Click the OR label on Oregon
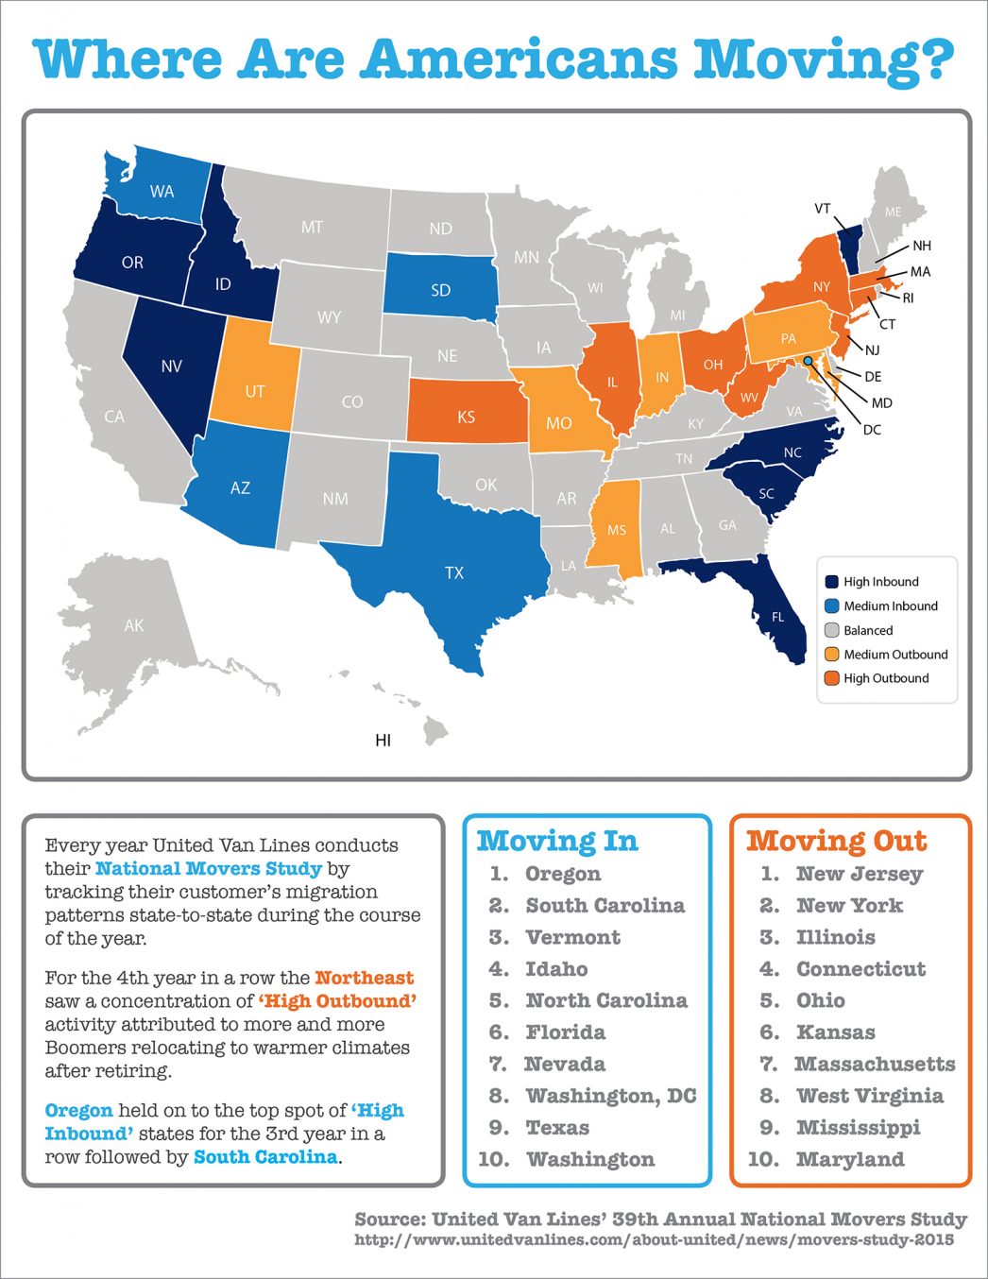pyautogui.click(x=132, y=263)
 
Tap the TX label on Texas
pyautogui.click(x=454, y=572)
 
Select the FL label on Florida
pyautogui.click(x=777, y=617)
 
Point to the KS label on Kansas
pyautogui.click(x=466, y=417)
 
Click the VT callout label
pyautogui.click(x=822, y=209)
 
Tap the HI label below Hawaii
pyautogui.click(x=383, y=740)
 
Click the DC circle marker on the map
pyautogui.click(x=808, y=361)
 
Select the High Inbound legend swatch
pyautogui.click(x=832, y=582)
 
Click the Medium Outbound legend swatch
pyautogui.click(x=832, y=654)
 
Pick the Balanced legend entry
pyautogui.click(x=867, y=630)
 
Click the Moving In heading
pyautogui.click(x=557, y=841)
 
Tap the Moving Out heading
pyautogui.click(x=837, y=841)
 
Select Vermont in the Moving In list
pyautogui.click(x=572, y=937)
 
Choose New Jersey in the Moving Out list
pyautogui.click(x=860, y=874)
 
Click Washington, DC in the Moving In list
pyautogui.click(x=610, y=1096)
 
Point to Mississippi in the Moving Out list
pyautogui.click(x=858, y=1127)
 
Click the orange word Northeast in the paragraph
pyautogui.click(x=364, y=978)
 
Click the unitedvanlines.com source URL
pyautogui.click(x=654, y=1239)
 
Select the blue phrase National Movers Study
pyautogui.click(x=208, y=868)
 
